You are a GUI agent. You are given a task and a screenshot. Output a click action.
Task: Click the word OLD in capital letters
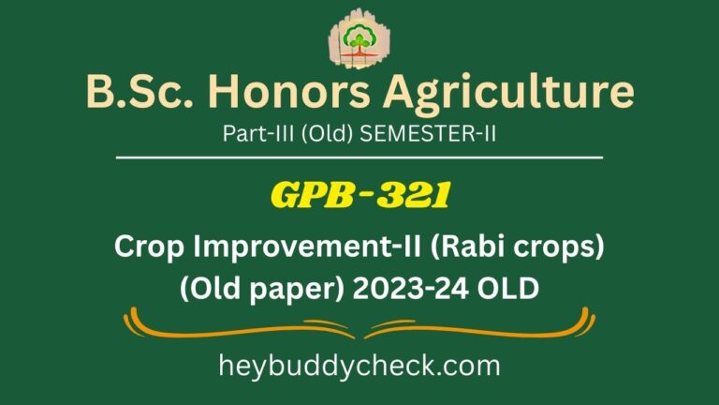point(509,285)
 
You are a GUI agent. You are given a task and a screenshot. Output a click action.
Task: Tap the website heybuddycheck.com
point(359,365)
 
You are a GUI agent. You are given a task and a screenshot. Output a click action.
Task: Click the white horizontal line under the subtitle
point(359,157)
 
